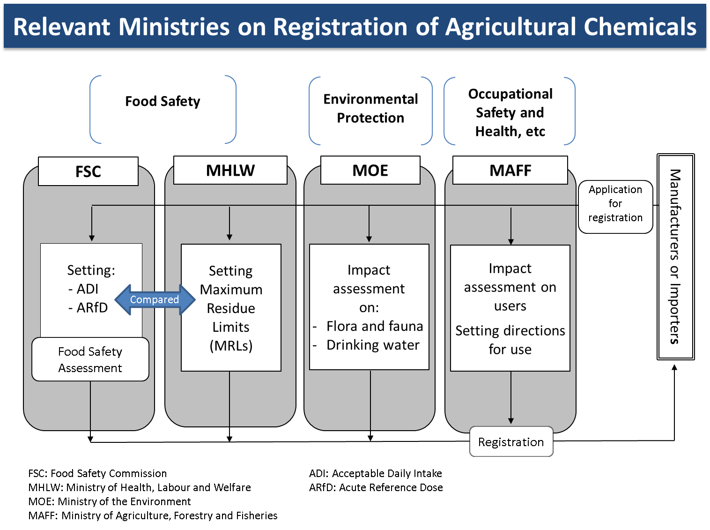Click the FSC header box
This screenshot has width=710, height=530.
coord(88,172)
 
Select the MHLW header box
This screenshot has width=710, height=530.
coord(230,170)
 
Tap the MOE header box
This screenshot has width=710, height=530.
coord(370,170)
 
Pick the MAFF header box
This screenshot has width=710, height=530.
coord(510,170)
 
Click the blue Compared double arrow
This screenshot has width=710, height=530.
coord(155,299)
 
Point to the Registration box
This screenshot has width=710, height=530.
coord(511,442)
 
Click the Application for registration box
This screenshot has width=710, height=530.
coord(615,204)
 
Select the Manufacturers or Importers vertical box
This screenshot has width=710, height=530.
coord(675,256)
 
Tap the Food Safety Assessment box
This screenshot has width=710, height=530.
coord(90,359)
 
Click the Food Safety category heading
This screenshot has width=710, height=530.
coord(163,101)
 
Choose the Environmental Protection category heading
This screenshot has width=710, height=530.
coord(370,108)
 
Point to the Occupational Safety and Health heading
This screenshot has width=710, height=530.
coord(510,112)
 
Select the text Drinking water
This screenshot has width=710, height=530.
coord(373,345)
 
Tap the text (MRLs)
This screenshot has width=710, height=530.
coord(231,346)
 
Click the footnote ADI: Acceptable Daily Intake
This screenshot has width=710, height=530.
coord(375,473)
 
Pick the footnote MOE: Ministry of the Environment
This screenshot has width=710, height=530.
coord(110,501)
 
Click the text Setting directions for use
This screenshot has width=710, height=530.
coord(510,340)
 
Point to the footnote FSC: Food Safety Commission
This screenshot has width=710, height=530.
coord(97,473)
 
